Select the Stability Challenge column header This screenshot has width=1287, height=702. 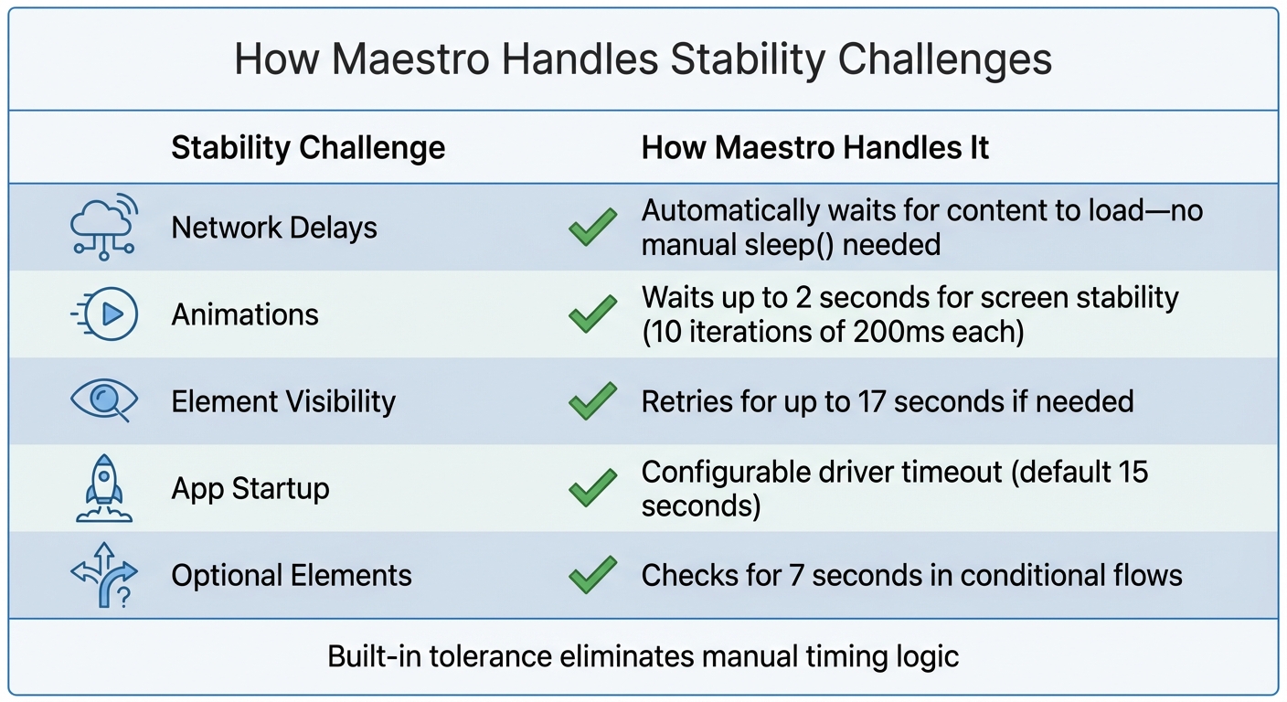coord(308,148)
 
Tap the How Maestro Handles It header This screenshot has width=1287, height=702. coord(814,148)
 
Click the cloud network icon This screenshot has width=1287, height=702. coord(103,226)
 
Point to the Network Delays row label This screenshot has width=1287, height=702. coord(274,228)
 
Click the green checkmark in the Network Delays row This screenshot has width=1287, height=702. coord(592,228)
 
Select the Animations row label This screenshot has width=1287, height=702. coord(245,314)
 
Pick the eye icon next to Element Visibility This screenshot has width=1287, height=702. coord(104,400)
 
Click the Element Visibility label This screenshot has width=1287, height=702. coord(283,401)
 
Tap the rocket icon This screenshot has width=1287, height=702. coord(103,488)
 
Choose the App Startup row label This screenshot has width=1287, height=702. coord(250,488)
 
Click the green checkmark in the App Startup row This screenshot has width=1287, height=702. coord(592,488)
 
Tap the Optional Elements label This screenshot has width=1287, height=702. coord(292,576)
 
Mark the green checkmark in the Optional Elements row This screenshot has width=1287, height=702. coord(592,576)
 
